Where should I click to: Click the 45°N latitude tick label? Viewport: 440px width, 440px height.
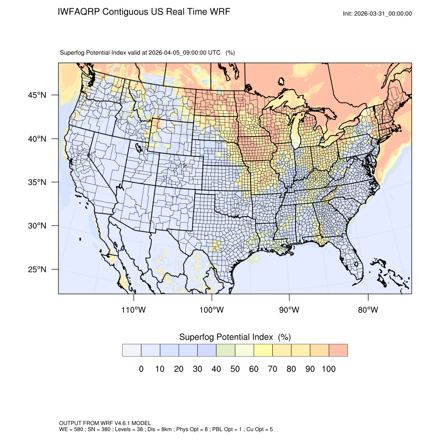pyautogui.click(x=37, y=95)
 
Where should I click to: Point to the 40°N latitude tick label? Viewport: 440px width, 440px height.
pyautogui.click(x=37, y=139)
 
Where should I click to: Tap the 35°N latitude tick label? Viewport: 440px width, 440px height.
pyautogui.click(x=37, y=182)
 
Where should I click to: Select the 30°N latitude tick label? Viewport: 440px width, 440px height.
pyautogui.click(x=37, y=226)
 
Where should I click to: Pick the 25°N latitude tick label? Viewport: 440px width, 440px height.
pyautogui.click(x=37, y=269)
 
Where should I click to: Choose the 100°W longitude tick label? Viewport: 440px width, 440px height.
pyautogui.click(x=212, y=310)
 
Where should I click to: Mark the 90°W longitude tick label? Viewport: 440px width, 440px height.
pyautogui.click(x=290, y=310)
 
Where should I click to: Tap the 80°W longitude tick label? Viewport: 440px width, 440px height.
pyautogui.click(x=368, y=310)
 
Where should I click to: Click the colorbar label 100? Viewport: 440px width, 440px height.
pyautogui.click(x=329, y=369)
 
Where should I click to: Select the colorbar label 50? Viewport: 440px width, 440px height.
pyautogui.click(x=235, y=369)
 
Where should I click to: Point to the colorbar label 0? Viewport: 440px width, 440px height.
pyautogui.click(x=141, y=369)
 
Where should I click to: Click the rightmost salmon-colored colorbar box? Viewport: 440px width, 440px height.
pyautogui.click(x=338, y=350)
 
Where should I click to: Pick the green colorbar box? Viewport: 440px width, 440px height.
pyautogui.click(x=225, y=350)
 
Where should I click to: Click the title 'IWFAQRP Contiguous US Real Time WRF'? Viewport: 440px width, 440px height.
pyautogui.click(x=144, y=12)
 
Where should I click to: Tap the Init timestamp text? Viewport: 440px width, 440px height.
pyautogui.click(x=377, y=13)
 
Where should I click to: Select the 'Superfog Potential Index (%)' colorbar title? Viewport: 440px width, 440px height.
pyautogui.click(x=235, y=337)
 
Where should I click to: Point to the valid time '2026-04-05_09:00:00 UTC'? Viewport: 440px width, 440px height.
pyautogui.click(x=185, y=52)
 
